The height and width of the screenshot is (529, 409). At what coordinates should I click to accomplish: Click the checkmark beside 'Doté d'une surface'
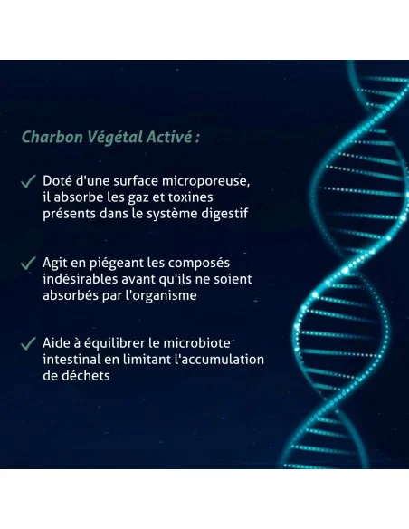point(29,180)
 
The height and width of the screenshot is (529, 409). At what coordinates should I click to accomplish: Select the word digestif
point(222,213)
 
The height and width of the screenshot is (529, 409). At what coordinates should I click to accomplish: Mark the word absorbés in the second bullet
point(71,294)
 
